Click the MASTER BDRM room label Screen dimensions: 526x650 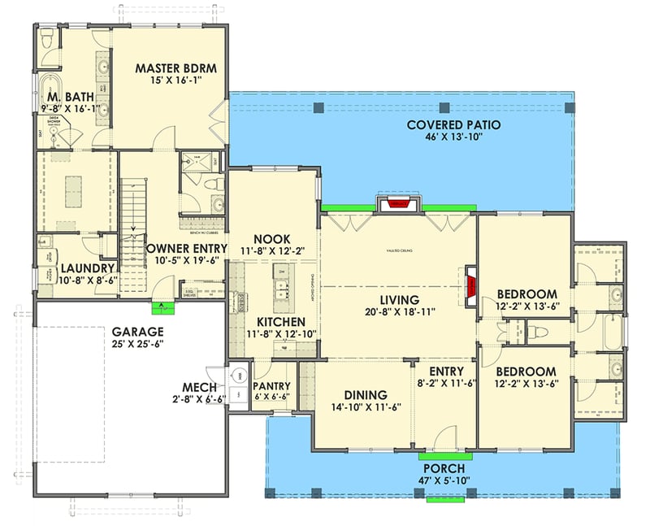pos(175,68)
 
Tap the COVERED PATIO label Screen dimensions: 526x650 pos(453,124)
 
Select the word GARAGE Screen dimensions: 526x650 pos(138,332)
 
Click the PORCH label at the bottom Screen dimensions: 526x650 pos(444,469)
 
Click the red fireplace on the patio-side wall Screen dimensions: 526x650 pos(396,202)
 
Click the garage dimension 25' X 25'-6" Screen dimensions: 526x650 pos(138,346)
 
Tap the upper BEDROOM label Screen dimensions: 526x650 pos(526,293)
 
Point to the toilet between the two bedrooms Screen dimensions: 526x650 pos(536,330)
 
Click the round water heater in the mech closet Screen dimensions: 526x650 pos(238,376)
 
